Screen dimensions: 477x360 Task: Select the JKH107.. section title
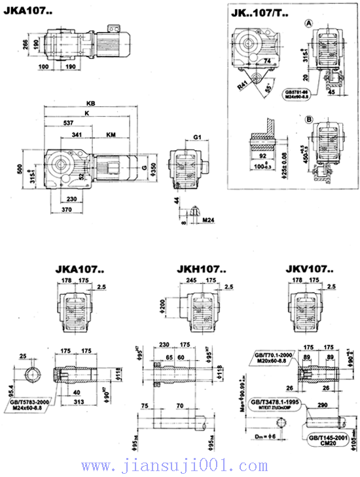[202, 269]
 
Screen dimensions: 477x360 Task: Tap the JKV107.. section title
[310, 269]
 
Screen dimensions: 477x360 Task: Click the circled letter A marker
[308, 24]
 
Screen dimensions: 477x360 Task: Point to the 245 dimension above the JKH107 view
[192, 280]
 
